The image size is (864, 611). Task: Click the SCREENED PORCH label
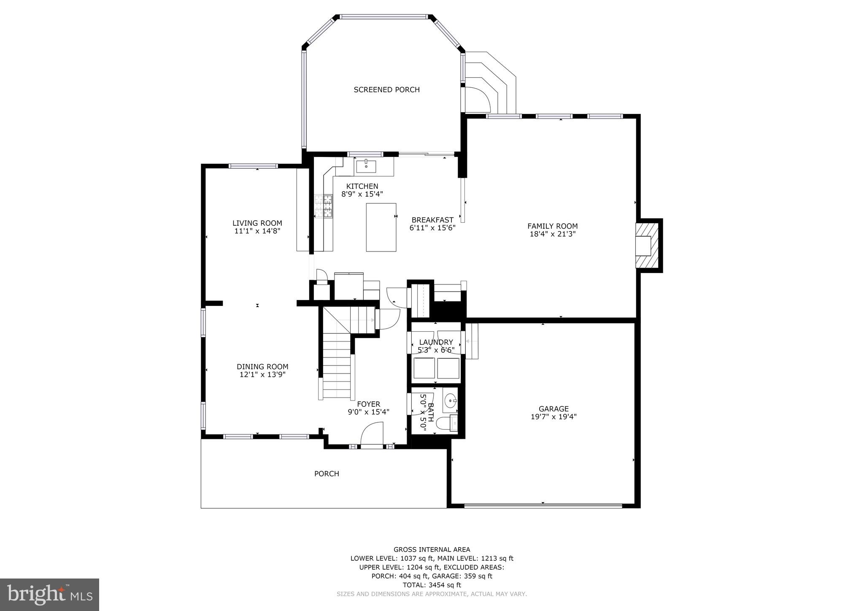386,89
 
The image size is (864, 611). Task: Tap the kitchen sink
366,166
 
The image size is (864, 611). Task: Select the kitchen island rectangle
381,227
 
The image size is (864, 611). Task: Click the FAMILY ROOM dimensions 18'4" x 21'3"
552,234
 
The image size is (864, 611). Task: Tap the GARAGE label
553,408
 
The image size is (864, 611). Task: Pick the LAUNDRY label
436,342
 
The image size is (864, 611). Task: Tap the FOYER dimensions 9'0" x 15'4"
368,412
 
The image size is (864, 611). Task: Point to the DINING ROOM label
262,367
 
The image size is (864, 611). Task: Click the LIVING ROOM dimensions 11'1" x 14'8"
257,231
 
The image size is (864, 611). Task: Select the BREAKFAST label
432,220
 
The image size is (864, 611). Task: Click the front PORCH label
327,473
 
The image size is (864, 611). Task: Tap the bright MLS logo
49,595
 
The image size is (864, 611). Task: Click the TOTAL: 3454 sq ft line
432,585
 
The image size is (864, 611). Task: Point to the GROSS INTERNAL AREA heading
432,549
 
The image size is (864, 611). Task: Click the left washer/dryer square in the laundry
424,368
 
